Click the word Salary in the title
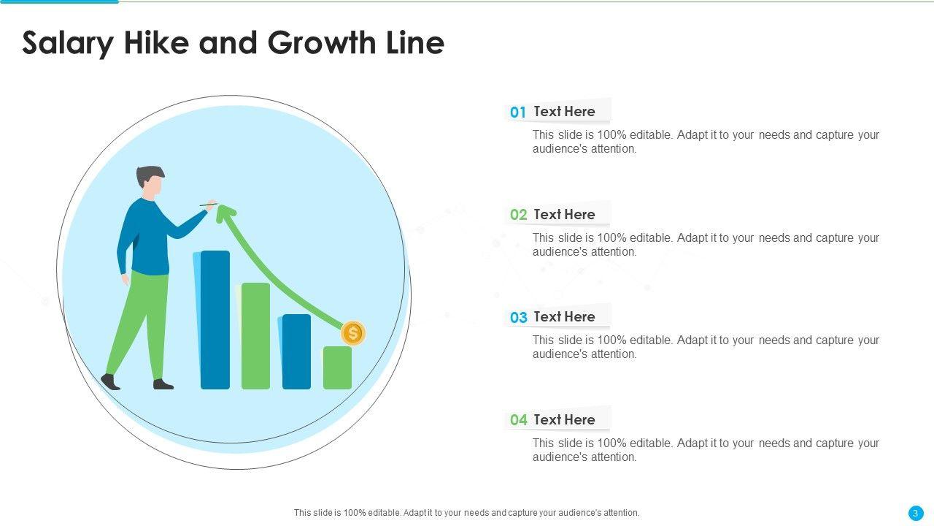point(68,44)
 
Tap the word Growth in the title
point(322,42)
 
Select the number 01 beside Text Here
point(518,112)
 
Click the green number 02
point(518,215)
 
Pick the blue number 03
point(518,317)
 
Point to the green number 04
point(518,420)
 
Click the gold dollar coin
point(353,333)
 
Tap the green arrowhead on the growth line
point(225,213)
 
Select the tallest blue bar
point(215,320)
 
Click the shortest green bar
point(337,367)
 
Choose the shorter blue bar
point(296,351)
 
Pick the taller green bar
point(255,336)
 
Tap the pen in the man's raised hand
point(209,205)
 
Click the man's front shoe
point(163,384)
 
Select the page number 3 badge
point(915,513)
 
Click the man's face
point(154,186)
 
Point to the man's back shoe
point(110,381)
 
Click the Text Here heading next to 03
point(564,317)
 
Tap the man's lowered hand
point(125,279)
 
